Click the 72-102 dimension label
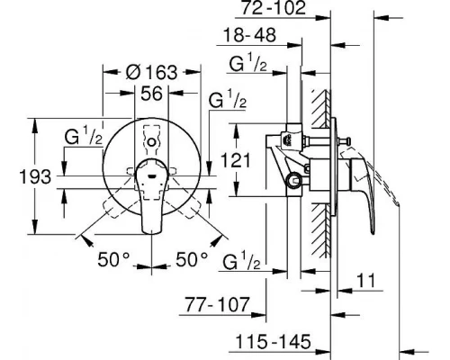point(275,11)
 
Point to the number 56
point(150,94)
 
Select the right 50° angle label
point(191,257)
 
